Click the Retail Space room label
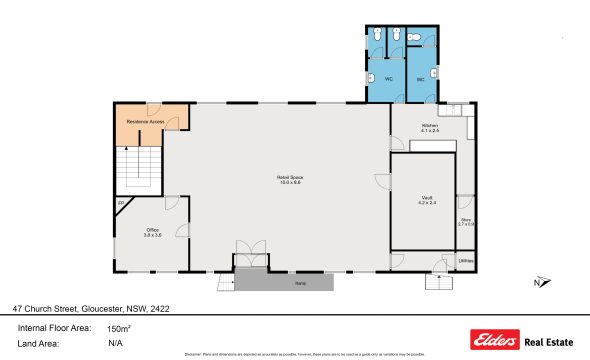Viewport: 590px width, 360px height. pos(290,180)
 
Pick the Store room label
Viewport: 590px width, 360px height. pos(465,221)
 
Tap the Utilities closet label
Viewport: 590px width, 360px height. pos(465,262)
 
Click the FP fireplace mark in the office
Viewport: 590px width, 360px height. pos(121,204)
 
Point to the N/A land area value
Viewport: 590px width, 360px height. pos(115,343)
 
